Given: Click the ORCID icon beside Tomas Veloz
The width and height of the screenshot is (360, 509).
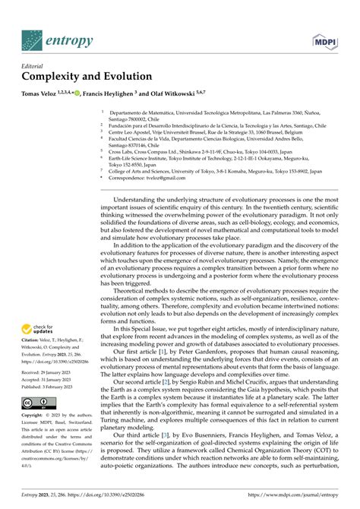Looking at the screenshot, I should (92, 95).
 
